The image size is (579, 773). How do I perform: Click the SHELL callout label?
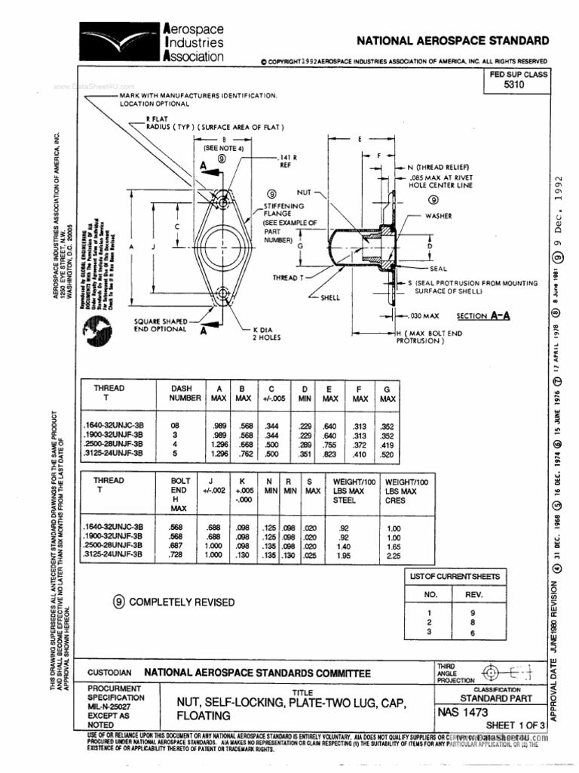(331, 297)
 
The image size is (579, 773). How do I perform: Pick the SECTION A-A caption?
(483, 316)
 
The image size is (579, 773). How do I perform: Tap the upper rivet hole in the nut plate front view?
(222, 201)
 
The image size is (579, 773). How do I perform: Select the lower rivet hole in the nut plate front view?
(222, 292)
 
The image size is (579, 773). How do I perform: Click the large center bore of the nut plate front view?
(222, 246)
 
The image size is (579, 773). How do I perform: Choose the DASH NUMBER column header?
(185, 393)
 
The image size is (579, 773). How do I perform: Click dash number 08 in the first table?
(176, 426)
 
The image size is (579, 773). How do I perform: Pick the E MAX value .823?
(330, 455)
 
